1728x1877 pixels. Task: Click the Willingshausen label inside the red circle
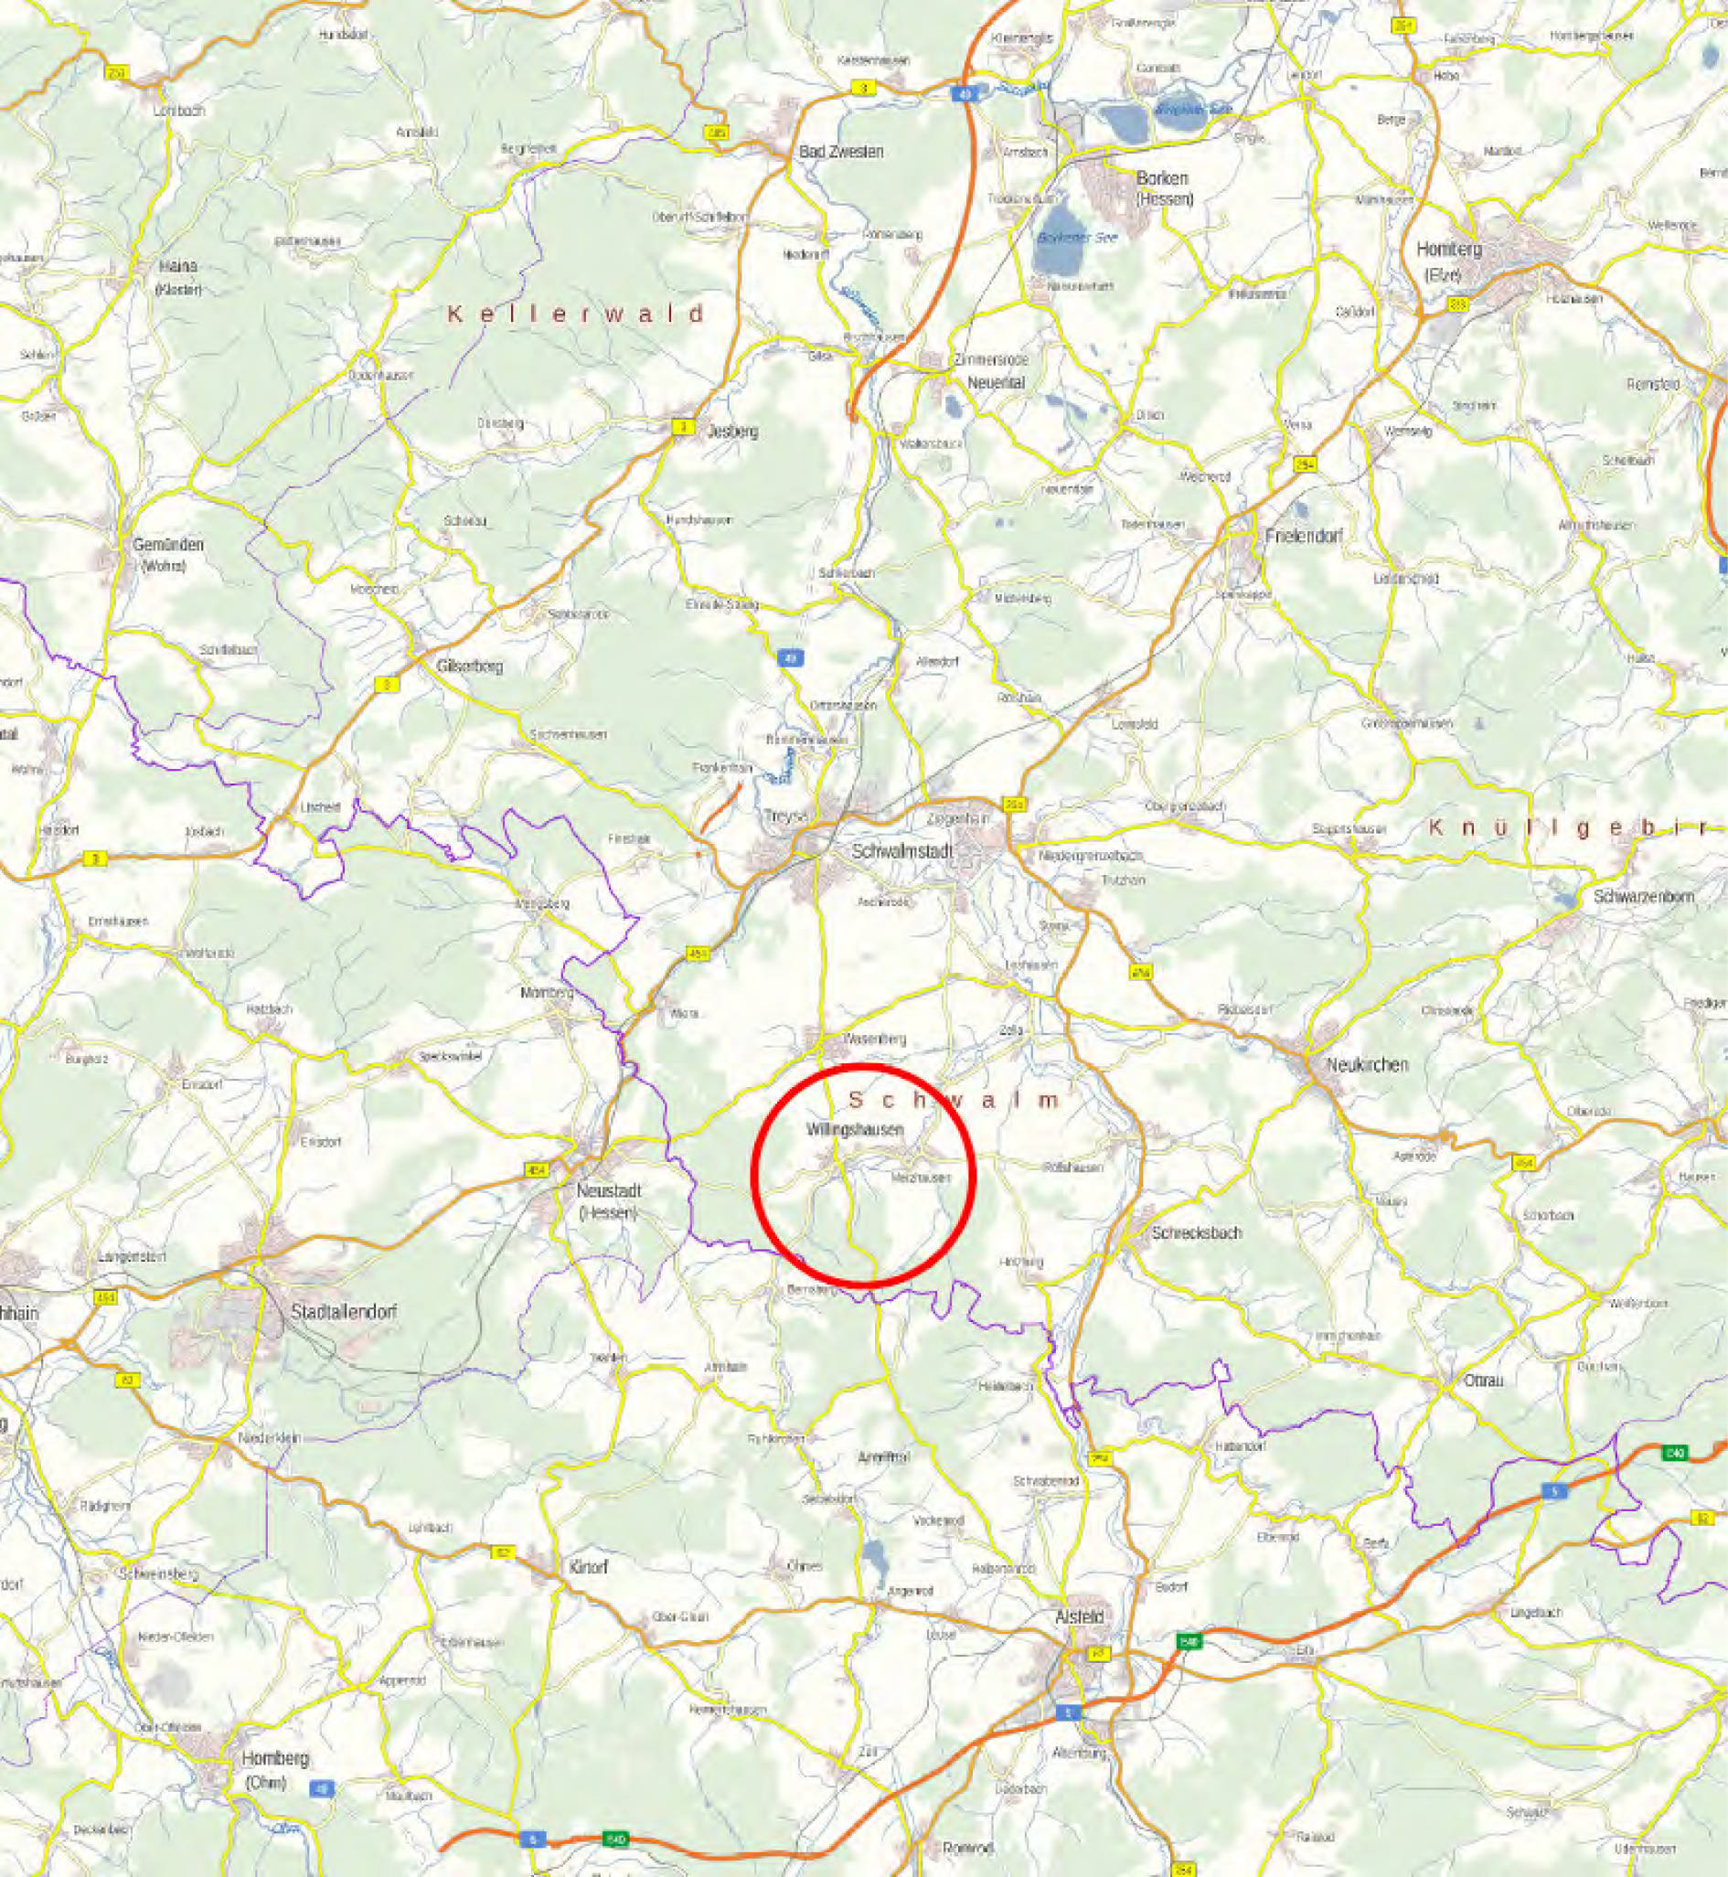856,1130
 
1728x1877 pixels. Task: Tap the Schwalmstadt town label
901,852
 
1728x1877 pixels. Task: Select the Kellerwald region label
575,314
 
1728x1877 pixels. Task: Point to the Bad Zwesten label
840,151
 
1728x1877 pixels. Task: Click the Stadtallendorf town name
344,1312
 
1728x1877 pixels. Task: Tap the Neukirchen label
1366,1064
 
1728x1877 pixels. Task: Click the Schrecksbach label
1196,1232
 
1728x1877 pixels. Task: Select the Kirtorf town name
588,1566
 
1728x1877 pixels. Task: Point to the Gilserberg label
469,666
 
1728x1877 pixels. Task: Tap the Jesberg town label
734,432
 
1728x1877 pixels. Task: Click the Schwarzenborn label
1643,896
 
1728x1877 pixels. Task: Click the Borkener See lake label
1077,238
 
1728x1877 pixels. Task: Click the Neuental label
976,382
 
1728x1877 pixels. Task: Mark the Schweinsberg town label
159,1573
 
